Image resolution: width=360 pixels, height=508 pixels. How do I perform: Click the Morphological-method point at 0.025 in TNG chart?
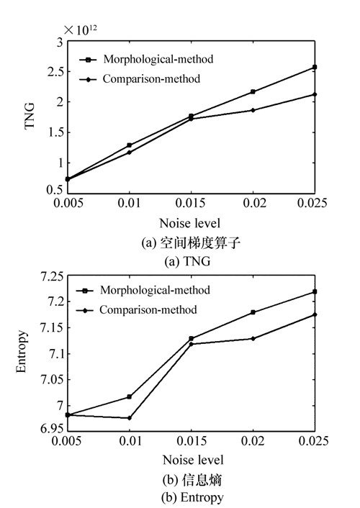pos(315,67)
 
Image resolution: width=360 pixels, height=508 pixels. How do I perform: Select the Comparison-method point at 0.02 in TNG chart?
pos(253,111)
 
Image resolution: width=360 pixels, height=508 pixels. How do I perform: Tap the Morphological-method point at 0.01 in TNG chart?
pos(130,145)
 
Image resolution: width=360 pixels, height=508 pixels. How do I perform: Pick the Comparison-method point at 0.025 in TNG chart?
pos(315,94)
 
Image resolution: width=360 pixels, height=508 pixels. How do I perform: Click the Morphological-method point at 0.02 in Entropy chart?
pos(253,312)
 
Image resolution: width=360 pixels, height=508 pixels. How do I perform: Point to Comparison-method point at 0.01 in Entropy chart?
pos(130,418)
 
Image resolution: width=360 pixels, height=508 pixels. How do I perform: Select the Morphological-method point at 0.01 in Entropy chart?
pos(130,396)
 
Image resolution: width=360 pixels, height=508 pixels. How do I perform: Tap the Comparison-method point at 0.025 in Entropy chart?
pos(315,314)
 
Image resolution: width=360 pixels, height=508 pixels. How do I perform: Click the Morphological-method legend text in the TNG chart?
pos(158,59)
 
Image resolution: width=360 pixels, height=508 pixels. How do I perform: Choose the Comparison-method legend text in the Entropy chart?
pos(148,310)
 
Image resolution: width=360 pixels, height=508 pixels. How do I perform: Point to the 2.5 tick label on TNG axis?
pos(55,72)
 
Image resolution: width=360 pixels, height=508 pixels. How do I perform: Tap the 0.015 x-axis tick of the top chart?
pos(190,203)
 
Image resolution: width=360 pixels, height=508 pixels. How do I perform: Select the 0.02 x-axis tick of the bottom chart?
pos(253,441)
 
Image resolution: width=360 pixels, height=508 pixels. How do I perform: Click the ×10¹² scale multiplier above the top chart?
pos(81,30)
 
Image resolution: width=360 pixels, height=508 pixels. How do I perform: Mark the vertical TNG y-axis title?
pos(30,116)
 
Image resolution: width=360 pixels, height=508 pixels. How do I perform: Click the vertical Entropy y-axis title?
pos(21,352)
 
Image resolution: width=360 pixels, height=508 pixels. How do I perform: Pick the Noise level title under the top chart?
pos(190,223)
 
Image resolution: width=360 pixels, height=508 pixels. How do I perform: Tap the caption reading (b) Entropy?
pos(192,497)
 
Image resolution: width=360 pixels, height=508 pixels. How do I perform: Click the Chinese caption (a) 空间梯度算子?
pos(191,242)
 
